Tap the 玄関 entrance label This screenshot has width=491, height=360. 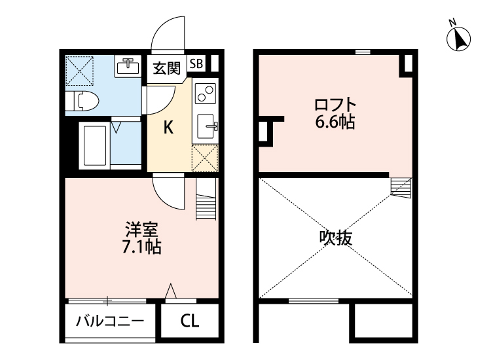(167, 68)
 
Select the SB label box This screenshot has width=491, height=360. (196, 63)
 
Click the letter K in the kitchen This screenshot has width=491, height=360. (168, 128)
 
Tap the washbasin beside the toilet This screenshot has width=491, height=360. (128, 66)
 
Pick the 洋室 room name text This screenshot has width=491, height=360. (142, 230)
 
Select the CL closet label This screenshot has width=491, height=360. (190, 321)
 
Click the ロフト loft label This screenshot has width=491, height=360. (335, 104)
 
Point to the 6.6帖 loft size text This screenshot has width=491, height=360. (335, 122)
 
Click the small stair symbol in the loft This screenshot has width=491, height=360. (400, 187)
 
